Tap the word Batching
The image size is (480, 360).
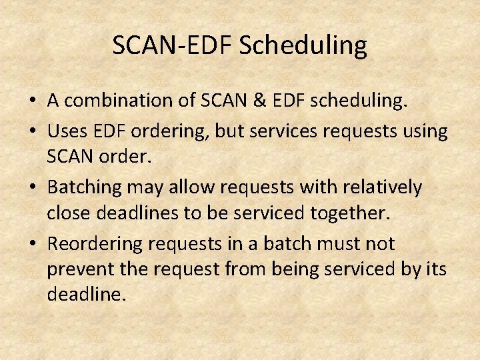[x=86, y=188]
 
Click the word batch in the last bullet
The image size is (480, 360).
[x=302, y=244]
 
